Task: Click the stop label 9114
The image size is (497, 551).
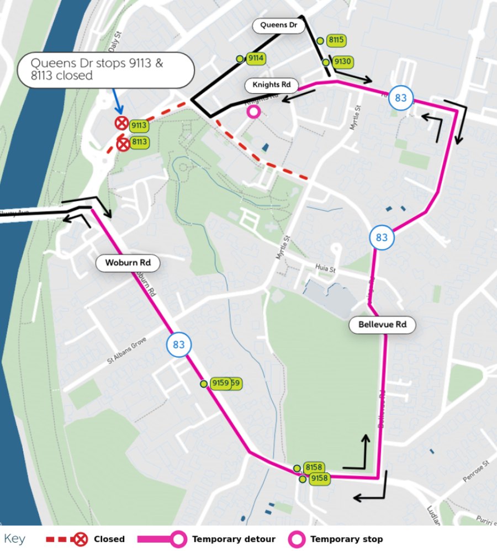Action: [256, 59]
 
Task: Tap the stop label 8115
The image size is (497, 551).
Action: [336, 40]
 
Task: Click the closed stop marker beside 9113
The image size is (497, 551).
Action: [121, 123]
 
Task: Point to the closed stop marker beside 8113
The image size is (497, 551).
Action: [123, 144]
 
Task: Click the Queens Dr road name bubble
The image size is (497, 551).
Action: [279, 25]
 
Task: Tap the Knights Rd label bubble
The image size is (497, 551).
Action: [271, 85]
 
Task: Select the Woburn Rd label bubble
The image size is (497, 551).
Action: [128, 263]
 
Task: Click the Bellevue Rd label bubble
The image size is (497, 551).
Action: [382, 325]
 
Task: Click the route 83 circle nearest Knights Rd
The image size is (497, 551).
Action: [401, 98]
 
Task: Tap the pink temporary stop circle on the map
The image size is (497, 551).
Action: [253, 112]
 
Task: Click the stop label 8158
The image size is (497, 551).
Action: [314, 468]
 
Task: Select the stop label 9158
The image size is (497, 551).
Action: [319, 478]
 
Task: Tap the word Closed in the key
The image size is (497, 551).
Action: [109, 539]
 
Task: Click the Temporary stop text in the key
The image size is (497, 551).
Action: [346, 539]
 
